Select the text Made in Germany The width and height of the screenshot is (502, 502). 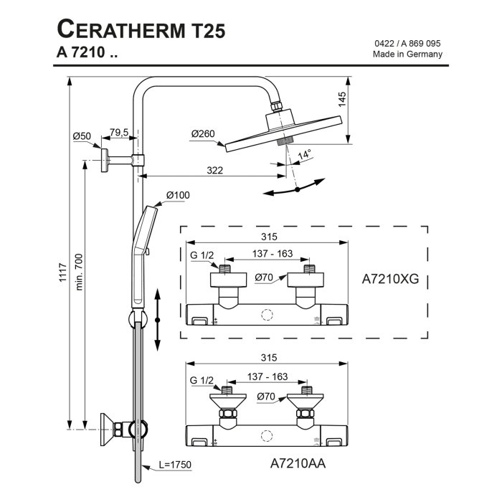pos(408,55)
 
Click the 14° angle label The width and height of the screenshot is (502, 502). pos(305,154)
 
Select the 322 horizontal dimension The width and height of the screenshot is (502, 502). pos(214,170)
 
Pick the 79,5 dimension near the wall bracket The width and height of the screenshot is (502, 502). pos(119,133)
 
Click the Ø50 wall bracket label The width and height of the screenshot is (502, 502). pos(82,136)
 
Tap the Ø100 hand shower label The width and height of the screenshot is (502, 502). pos(178,195)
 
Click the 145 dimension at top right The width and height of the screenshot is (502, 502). pos(342,98)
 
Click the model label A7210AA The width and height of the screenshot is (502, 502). pos(298,464)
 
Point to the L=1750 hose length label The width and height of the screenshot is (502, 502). pos(176,465)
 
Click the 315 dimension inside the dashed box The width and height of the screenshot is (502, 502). pos(270,237)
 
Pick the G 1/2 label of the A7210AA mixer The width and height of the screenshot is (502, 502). pos(203,377)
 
